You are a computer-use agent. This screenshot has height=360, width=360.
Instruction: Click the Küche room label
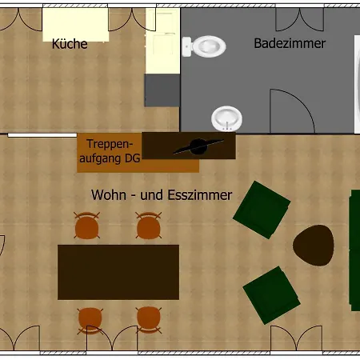coord(70,44)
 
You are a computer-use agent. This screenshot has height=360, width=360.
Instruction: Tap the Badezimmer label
coord(290,43)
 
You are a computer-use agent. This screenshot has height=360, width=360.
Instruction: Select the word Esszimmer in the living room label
coord(200,195)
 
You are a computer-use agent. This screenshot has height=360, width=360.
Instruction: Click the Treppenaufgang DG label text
coord(110,151)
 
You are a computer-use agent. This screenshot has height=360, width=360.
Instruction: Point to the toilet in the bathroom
coord(204,46)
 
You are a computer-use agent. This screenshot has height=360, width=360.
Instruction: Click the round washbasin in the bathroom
coord(227,118)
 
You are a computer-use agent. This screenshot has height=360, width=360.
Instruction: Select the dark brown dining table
coord(118,272)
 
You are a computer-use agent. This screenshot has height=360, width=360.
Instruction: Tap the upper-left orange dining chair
coord(87,226)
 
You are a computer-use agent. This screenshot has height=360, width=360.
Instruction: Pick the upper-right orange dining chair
coord(149,226)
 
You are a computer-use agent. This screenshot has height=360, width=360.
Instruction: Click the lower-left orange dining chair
coord(90,321)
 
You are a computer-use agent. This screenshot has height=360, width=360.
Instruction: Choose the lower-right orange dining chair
coord(149,320)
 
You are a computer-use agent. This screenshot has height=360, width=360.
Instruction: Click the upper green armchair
coord(262,210)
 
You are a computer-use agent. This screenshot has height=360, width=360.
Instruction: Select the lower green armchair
coord(272,295)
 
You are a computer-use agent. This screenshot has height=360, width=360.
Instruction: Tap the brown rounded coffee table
coord(314,246)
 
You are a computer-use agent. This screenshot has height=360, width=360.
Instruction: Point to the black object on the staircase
coord(198,146)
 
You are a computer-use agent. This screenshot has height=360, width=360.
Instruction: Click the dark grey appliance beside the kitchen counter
coord(162,90)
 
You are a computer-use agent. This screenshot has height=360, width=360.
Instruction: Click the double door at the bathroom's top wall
coord(300,20)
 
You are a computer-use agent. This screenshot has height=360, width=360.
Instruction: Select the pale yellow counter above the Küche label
coord(76,25)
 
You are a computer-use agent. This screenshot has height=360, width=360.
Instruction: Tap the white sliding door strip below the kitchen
coord(42,135)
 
